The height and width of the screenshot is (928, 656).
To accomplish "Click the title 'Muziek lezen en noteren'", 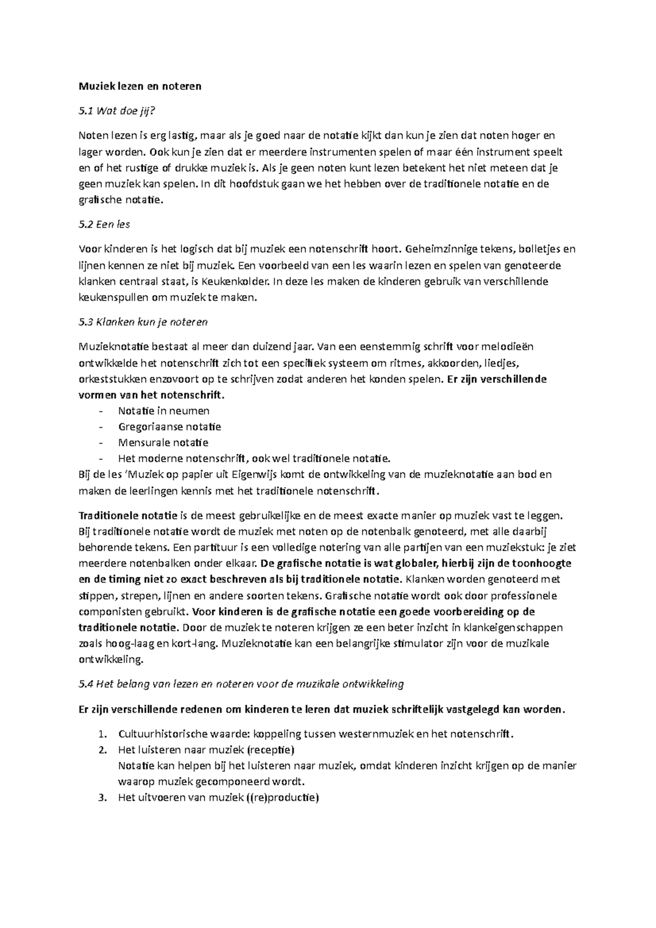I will [140, 86].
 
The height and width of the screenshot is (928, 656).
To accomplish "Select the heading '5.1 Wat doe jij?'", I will [118, 111].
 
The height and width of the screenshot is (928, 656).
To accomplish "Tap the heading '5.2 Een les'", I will [104, 224].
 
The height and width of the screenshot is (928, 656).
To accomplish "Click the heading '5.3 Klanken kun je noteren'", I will [143, 322].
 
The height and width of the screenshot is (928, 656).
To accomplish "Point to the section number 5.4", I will [86, 684].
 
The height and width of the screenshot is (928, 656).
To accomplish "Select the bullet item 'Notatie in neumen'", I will [163, 410].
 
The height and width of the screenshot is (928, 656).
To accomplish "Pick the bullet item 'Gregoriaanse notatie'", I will [169, 426].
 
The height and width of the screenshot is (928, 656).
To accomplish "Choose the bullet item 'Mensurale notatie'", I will [163, 442].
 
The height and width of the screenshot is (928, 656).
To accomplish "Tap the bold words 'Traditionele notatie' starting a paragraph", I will [128, 515].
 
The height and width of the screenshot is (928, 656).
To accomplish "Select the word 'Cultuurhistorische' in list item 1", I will [161, 733].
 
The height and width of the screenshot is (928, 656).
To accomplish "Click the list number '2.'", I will [101, 749].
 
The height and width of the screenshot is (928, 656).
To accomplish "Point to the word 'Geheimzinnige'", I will [434, 250].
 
